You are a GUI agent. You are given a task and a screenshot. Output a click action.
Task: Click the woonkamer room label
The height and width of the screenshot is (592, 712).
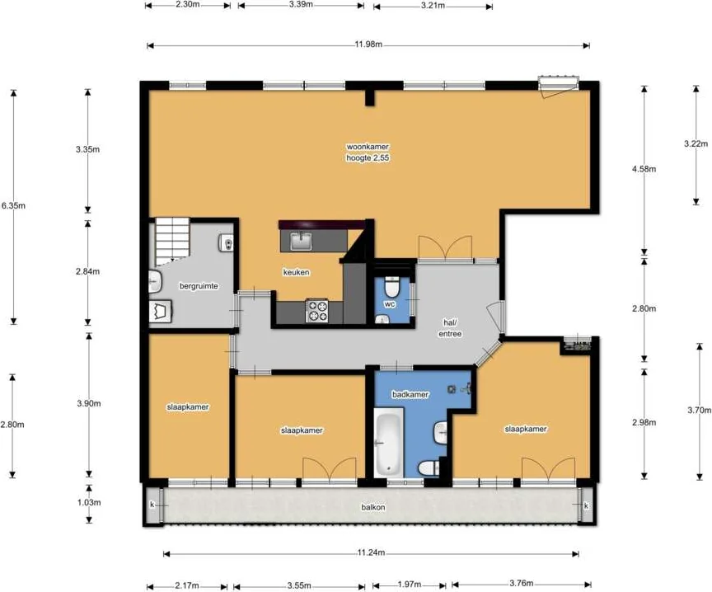368,147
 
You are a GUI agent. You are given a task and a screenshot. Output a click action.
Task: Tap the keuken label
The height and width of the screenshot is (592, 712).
296,272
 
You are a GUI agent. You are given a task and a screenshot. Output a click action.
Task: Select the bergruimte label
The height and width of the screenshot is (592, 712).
199,286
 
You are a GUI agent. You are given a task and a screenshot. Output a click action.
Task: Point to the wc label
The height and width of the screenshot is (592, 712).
390,304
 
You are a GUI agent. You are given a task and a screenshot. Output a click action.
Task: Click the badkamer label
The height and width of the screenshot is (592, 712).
410,394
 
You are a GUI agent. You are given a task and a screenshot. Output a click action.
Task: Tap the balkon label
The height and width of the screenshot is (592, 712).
373,507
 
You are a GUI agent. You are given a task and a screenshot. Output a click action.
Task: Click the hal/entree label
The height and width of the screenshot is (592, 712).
450,327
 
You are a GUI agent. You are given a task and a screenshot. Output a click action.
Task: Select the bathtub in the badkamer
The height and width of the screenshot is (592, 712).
389,442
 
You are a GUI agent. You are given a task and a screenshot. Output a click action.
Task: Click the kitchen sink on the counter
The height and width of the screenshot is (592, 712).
301,240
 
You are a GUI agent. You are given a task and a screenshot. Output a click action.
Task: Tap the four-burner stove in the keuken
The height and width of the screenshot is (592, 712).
316,311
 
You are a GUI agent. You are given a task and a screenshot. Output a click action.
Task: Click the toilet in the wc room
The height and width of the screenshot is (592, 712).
391,286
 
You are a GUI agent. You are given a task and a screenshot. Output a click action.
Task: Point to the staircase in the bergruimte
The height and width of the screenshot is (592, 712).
172,240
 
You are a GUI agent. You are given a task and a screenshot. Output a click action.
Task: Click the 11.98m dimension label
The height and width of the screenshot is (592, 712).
368,45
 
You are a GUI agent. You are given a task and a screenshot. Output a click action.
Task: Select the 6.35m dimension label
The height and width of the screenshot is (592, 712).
12,205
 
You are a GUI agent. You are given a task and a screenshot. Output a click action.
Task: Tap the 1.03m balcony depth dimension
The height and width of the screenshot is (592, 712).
88,502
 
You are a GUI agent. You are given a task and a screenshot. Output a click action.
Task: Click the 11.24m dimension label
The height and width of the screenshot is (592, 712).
371,552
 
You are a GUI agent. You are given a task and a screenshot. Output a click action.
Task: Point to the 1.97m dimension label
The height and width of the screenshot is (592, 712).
409,585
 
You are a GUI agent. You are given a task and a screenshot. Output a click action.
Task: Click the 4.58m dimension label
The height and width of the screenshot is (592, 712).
644,169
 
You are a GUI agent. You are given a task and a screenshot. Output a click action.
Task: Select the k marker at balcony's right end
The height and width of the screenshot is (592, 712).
586,505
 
